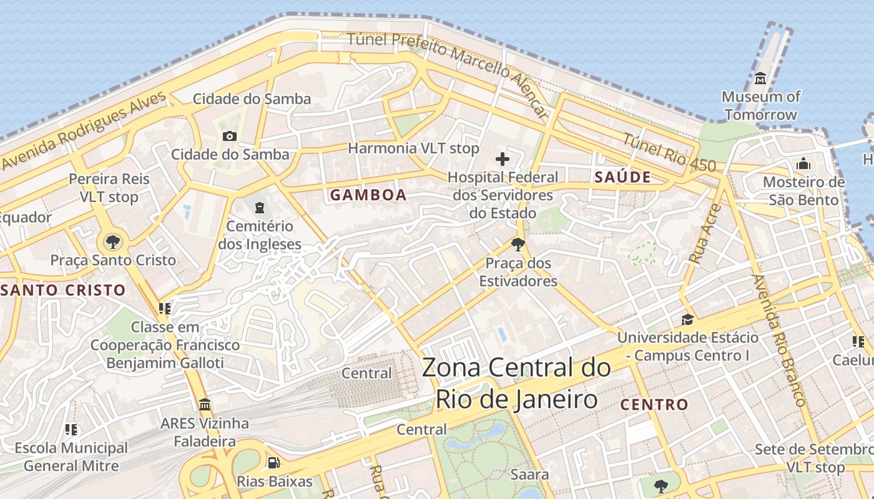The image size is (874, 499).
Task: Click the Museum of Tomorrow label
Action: coord(760,105)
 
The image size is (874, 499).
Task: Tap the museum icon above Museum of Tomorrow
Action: coord(760,79)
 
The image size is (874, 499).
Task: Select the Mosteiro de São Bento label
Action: coord(803,191)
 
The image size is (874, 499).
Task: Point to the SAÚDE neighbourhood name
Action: coord(622,177)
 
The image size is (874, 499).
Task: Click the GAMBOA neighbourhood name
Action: coord(368,195)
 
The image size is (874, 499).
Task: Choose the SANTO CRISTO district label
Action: coord(63,290)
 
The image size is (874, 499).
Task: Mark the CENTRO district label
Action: coord(654,405)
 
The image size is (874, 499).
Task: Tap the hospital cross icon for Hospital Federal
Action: coord(503,159)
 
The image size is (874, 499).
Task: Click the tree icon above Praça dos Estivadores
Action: coord(518,244)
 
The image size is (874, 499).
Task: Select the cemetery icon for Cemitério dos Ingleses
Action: coord(260,207)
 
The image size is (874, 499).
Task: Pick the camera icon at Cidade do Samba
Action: coord(230,136)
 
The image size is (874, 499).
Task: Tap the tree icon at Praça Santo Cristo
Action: coord(113,241)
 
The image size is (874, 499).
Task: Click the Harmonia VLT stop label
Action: coord(413,148)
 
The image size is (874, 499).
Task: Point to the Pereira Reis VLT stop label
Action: coord(109,188)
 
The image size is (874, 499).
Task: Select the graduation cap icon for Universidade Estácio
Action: coord(687,319)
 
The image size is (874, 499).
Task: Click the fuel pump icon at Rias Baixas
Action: coord(273,463)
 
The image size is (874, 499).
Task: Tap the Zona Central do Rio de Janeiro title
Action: coord(516,383)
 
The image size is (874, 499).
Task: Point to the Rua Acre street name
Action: coord(705,233)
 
